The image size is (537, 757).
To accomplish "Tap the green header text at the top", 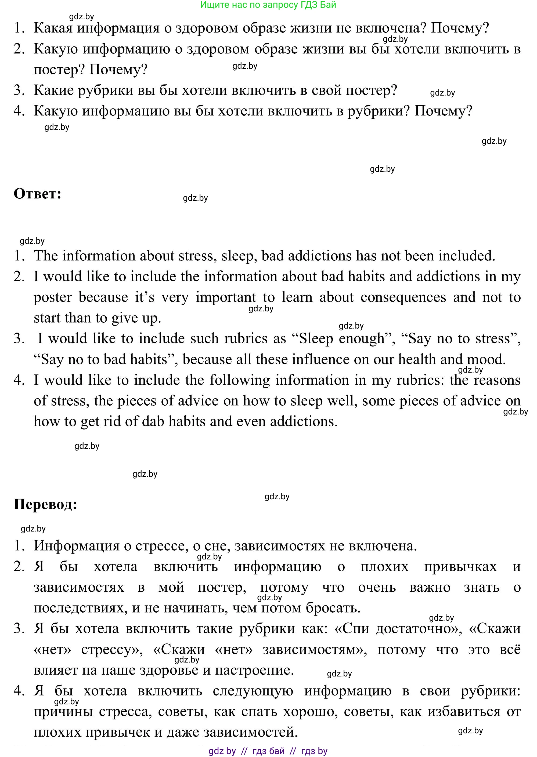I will coord(268,5).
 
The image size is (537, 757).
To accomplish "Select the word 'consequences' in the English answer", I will coord(403,297).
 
